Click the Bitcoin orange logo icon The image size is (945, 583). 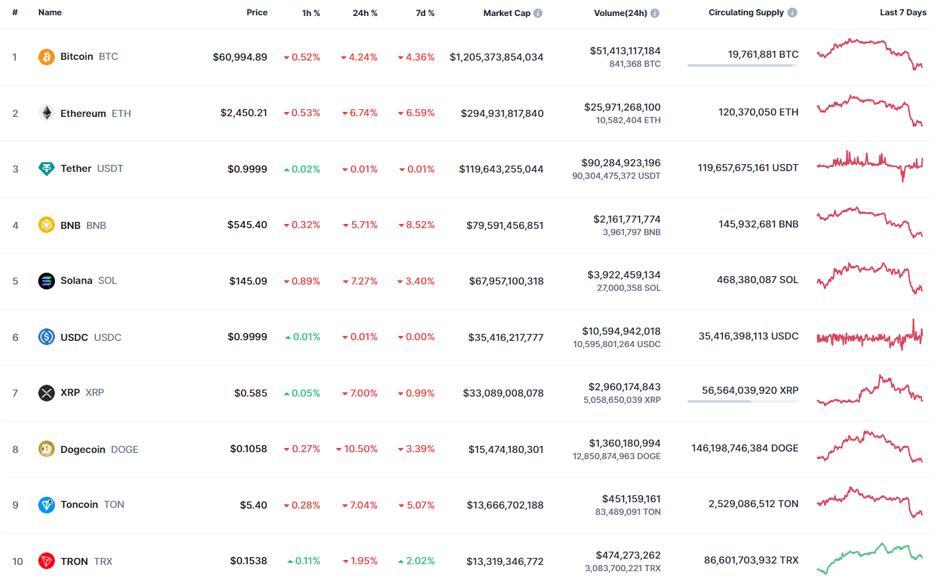[x=46, y=56]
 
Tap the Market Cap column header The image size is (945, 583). [x=507, y=13]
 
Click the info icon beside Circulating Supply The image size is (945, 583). [x=793, y=13]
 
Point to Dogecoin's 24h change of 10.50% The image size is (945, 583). [x=357, y=449]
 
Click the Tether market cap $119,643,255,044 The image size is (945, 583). [x=501, y=169]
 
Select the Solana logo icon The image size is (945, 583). [x=46, y=281]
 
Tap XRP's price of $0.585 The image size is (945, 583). [x=251, y=393]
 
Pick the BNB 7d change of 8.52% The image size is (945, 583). [x=416, y=225]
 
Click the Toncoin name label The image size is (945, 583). [x=79, y=504]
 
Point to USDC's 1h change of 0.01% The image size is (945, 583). [x=303, y=337]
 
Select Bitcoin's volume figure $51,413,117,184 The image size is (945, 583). [x=625, y=51]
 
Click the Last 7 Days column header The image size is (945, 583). [x=903, y=13]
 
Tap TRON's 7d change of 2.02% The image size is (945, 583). [x=416, y=561]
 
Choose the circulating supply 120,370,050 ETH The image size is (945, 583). [x=759, y=112]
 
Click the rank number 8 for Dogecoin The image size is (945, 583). [x=15, y=449]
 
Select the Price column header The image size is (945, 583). [x=257, y=13]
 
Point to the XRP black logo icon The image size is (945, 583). [x=46, y=393]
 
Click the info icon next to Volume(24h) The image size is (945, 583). [x=655, y=13]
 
